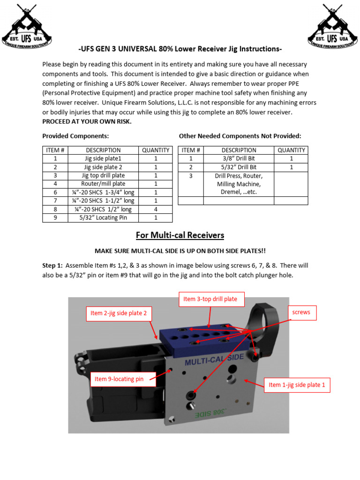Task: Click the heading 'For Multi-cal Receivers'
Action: (x=180, y=235)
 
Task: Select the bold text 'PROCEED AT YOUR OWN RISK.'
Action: (x=87, y=121)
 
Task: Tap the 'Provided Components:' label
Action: (x=75, y=136)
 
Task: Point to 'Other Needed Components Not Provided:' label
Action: (x=240, y=136)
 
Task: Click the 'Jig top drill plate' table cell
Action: (x=103, y=175)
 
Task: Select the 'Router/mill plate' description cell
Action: (x=103, y=184)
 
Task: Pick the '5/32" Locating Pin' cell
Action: (x=103, y=217)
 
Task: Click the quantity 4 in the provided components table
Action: (x=156, y=209)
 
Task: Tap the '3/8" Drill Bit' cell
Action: (x=239, y=158)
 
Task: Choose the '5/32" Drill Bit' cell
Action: (x=239, y=167)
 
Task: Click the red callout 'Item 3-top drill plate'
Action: (x=210, y=299)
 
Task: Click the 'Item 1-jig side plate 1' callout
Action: (x=297, y=385)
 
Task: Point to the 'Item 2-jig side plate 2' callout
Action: (x=118, y=313)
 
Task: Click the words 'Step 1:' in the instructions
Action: (x=53, y=265)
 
